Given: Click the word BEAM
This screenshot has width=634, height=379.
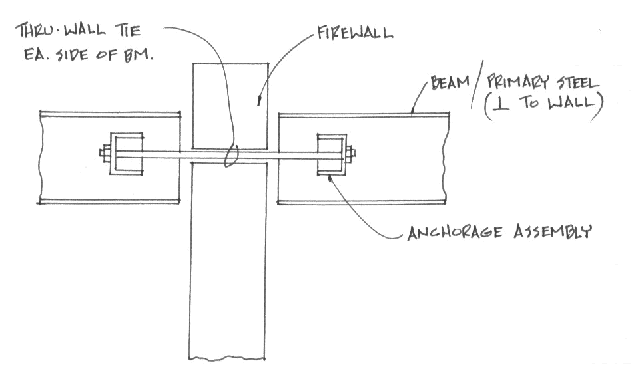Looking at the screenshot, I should [448, 84].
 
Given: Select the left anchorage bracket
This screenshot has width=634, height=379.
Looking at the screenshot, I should [126, 154].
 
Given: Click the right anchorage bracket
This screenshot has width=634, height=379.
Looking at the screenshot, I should [330, 155].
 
